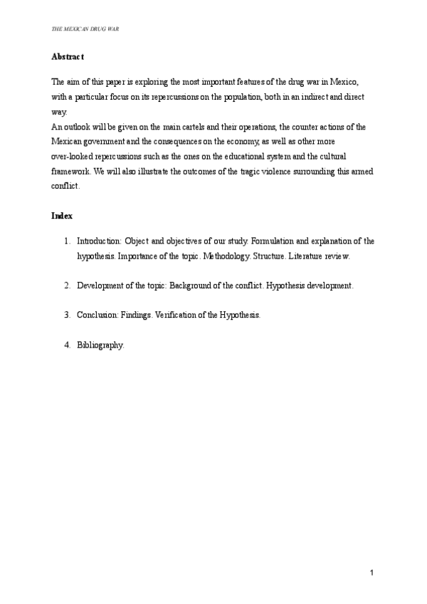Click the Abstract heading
pos(68,56)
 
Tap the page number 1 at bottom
pos(371,573)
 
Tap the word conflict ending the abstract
pos(65,186)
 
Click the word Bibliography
pos(100,345)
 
